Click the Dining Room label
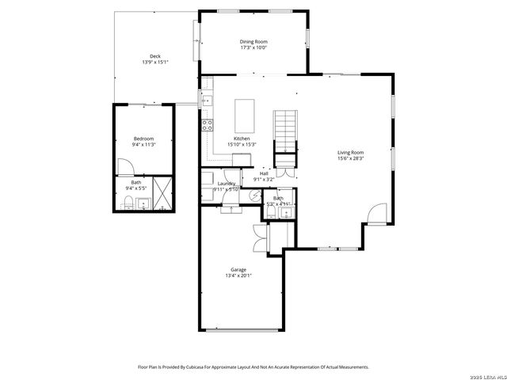pyautogui.click(x=253, y=41)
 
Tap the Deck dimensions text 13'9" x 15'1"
pyautogui.click(x=155, y=62)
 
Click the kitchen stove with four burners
pyautogui.click(x=208, y=124)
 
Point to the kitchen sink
pyautogui.click(x=207, y=101)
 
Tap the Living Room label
pyautogui.click(x=350, y=152)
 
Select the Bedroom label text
pyautogui.click(x=143, y=139)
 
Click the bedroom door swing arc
pyautogui.click(x=124, y=166)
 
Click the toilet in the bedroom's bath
pyautogui.click(x=128, y=206)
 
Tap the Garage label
pyautogui.click(x=238, y=269)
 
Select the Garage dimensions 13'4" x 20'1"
pyautogui.click(x=238, y=275)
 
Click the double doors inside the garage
pyautogui.click(x=258, y=235)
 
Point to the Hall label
pyautogui.click(x=264, y=173)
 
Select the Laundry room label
pyautogui.click(x=227, y=184)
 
